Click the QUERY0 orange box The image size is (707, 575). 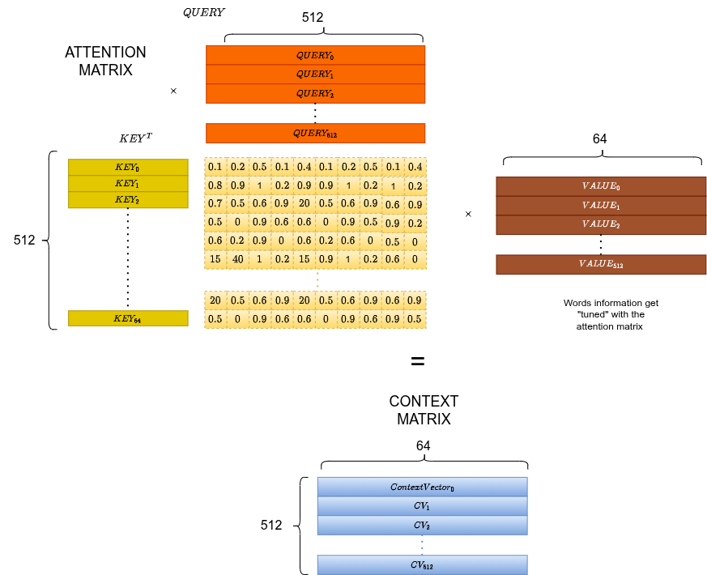[x=315, y=55]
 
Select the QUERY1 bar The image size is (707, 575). [x=315, y=75]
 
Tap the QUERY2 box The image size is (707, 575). [x=315, y=94]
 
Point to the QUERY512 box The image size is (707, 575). [x=315, y=133]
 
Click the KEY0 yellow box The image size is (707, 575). [x=128, y=167]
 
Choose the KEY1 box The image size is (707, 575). [x=128, y=184]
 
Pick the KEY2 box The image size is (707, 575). [x=128, y=200]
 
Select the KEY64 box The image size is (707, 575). [x=128, y=318]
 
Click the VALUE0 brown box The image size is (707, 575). [x=601, y=186]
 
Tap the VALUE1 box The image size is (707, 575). [x=601, y=206]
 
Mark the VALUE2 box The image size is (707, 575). [x=601, y=225]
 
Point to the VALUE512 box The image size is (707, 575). [x=601, y=265]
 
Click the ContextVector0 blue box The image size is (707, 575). [x=422, y=487]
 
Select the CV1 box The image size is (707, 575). [x=422, y=506]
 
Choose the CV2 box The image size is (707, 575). [x=422, y=526]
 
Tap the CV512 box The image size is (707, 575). [x=422, y=564]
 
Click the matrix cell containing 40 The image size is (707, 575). [x=237, y=259]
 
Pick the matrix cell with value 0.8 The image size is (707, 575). [x=215, y=185]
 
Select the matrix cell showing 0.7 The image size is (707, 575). [x=215, y=203]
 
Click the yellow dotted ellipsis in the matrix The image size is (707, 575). [x=317, y=280]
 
